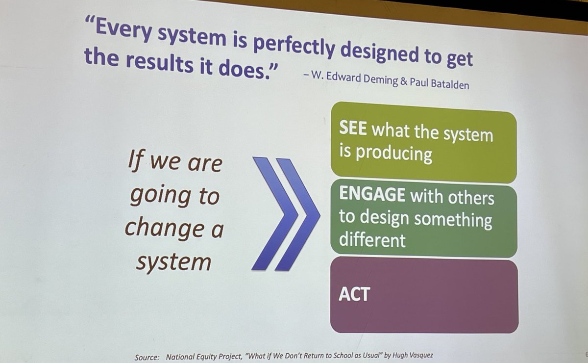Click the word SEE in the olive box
pos(354,131)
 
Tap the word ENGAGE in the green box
pos(372,195)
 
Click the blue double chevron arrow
pos(285,214)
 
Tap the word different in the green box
pos(372,240)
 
